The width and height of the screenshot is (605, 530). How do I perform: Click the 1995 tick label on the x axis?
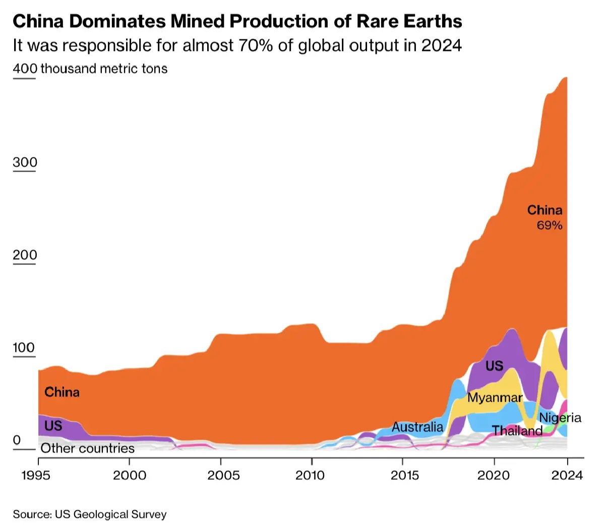(x=36, y=475)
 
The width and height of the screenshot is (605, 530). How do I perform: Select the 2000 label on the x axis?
(x=130, y=475)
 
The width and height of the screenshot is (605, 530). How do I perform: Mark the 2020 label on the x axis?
(x=494, y=475)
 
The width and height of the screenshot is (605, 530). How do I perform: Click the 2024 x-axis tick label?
(x=567, y=475)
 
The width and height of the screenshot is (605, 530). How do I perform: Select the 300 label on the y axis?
(x=25, y=163)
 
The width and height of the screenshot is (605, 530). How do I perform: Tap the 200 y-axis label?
(x=25, y=255)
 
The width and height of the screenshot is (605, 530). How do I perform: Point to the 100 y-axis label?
(x=24, y=348)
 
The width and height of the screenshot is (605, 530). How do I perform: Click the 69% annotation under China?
(x=550, y=226)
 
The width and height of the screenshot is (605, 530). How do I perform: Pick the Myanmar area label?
(x=495, y=398)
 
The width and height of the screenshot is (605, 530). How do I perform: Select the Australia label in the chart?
(x=417, y=427)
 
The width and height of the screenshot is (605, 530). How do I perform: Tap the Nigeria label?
(x=560, y=418)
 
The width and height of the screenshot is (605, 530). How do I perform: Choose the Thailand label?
(x=517, y=431)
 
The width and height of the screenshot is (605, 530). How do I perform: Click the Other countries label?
(x=88, y=448)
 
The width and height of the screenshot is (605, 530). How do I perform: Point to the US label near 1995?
(x=53, y=426)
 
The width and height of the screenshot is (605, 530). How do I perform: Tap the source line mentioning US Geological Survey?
(x=90, y=514)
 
